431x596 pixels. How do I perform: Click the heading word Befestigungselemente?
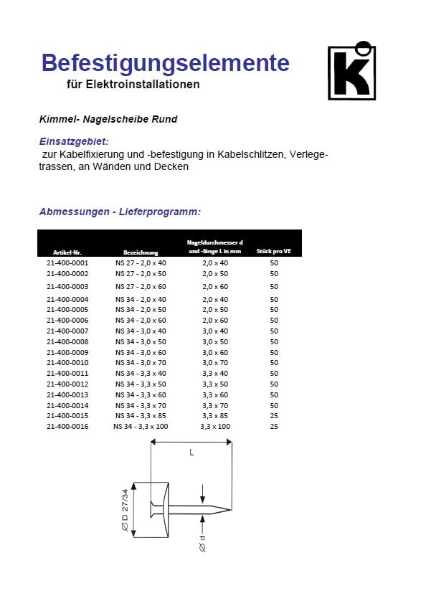(165, 63)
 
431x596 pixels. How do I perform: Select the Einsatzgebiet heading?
(74, 141)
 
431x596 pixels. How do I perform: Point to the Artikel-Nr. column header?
(67, 252)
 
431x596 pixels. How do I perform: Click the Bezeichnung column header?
(141, 252)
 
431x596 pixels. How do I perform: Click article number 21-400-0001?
(67, 263)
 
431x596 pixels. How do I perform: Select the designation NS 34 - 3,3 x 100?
(141, 427)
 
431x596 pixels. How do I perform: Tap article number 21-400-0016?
(67, 427)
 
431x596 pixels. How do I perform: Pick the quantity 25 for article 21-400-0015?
(274, 416)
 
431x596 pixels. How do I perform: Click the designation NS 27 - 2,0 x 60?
(141, 286)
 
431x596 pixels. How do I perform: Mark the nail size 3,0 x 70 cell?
(215, 363)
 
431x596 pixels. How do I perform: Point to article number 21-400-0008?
(67, 342)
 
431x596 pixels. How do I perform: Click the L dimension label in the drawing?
(191, 453)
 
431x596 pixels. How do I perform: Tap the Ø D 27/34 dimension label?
(125, 509)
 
